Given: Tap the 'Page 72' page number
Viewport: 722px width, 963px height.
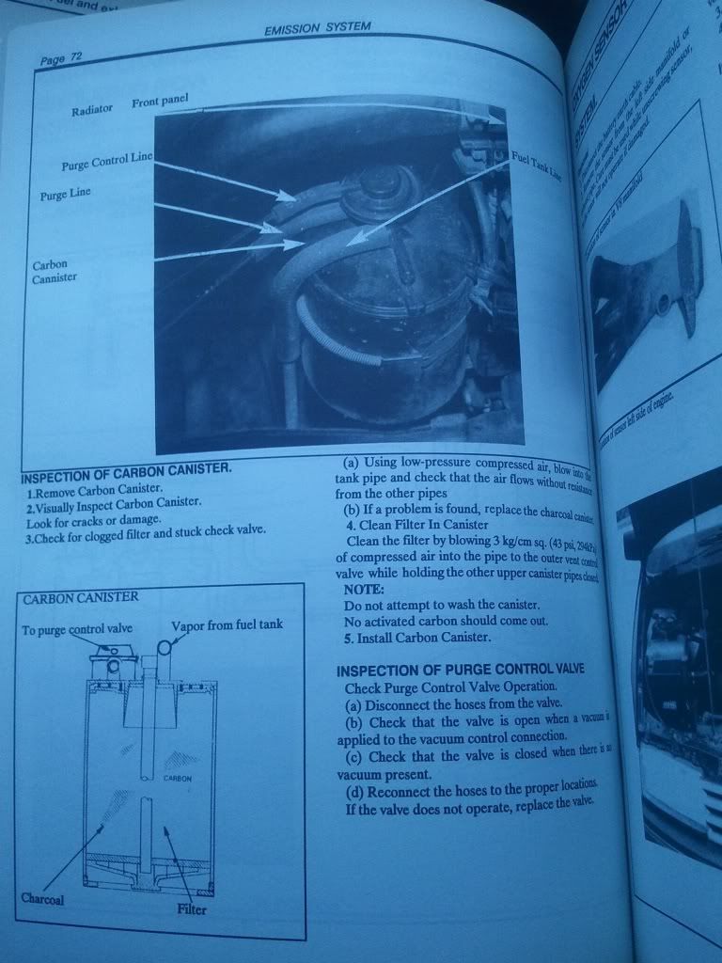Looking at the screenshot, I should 61,58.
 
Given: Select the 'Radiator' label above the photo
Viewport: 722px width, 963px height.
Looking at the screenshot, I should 92,110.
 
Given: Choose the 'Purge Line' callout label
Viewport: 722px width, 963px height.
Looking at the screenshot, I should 66,195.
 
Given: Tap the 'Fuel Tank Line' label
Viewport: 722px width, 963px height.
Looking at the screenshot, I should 536,166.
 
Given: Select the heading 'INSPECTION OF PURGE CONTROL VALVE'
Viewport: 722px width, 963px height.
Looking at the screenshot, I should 460,669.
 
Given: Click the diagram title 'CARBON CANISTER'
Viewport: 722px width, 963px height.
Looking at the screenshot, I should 81,597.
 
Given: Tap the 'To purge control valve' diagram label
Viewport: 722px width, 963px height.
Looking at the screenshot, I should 77,629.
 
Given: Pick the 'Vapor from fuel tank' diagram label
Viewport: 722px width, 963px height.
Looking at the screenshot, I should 227,624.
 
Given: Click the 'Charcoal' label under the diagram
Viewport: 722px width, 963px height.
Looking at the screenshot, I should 42,897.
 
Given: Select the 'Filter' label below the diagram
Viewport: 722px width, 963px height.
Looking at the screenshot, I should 191,909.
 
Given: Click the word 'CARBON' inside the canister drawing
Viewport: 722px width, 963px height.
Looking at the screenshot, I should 178,779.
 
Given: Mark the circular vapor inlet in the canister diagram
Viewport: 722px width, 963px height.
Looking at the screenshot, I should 165,648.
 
